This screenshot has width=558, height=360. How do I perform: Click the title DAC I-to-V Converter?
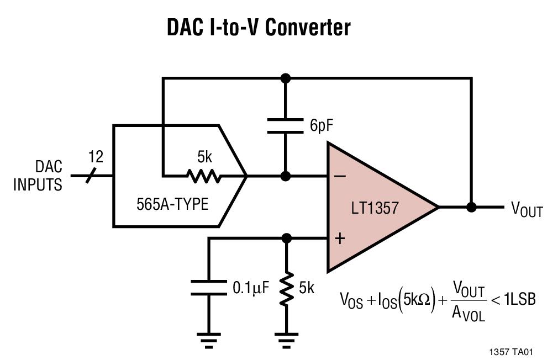[258, 27]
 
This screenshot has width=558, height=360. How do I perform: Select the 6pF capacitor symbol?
[285, 125]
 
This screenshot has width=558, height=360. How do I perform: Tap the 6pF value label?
[322, 126]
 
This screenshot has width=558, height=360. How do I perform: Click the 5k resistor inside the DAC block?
[204, 177]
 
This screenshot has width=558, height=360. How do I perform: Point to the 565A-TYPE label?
[172, 204]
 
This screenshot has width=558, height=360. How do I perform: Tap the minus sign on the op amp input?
[340, 176]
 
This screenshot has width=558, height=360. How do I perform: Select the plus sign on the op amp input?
[340, 238]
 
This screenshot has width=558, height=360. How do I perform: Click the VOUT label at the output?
[527, 209]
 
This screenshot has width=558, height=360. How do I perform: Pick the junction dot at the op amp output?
[471, 207]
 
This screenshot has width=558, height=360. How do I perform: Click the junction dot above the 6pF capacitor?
[285, 78]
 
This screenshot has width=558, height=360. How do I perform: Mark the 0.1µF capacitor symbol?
[209, 288]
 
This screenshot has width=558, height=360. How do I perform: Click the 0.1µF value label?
[251, 288]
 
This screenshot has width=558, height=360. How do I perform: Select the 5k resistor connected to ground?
[286, 288]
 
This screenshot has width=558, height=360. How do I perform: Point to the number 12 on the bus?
[96, 157]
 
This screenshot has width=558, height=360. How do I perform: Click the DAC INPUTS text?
[38, 176]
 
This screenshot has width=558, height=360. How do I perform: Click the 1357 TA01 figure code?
[511, 352]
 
